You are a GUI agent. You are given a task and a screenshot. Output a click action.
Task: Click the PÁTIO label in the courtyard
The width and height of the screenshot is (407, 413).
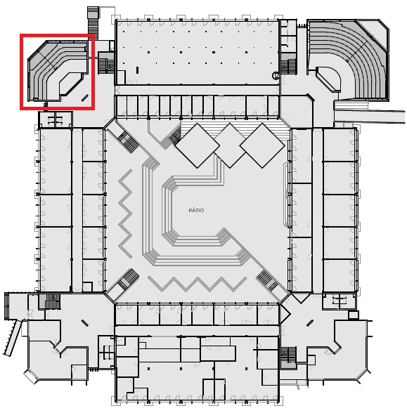pos(196,210)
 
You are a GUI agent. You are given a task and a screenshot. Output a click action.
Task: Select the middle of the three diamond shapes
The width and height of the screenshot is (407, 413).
pos(230,145)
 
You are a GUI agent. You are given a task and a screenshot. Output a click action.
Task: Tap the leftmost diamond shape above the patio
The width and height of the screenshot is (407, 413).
pos(197,145)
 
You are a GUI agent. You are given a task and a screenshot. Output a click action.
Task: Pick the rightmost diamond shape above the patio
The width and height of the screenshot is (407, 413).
pos(262,145)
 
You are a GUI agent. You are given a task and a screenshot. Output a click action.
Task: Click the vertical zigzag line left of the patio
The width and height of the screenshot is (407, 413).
pos(125,214)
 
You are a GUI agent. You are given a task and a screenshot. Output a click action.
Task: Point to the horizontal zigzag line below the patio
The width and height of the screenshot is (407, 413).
pos(198,284)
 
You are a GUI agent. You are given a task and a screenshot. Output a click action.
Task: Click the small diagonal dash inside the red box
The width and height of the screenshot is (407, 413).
pos(85,98)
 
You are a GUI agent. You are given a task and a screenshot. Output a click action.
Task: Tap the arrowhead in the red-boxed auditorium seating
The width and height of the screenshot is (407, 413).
pos(56,69)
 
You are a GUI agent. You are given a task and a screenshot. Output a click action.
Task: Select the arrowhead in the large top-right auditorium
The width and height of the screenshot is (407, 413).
pos(348,61)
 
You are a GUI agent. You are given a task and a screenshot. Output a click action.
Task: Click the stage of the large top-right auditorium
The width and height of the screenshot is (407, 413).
pos(328,79)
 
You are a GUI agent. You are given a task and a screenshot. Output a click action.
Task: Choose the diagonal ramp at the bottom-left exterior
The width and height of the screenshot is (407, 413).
pos(12,337)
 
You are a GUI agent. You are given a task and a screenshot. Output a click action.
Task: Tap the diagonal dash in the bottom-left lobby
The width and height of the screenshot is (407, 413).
pos(85,323)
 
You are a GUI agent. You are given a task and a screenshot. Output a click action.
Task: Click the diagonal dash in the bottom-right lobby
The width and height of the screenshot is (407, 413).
pos(310,323)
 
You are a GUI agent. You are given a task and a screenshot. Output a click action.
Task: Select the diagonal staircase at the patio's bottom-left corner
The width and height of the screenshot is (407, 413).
pos(129,279)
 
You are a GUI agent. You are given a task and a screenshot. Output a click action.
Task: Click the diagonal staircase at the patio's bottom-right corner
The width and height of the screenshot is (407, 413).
pos(267,281)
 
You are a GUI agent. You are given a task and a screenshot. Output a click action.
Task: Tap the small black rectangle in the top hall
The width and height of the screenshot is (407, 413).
pos(137,70)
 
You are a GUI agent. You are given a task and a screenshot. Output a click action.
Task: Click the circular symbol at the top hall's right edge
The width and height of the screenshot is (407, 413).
pos(276,76)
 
